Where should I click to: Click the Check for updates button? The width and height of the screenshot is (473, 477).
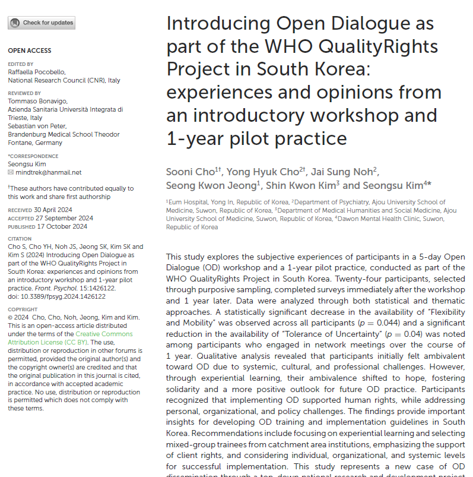42,23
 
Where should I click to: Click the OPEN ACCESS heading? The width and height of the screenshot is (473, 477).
30,51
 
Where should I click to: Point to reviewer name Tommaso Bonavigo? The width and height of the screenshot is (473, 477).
37,101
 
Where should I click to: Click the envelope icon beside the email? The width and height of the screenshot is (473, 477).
11,172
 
